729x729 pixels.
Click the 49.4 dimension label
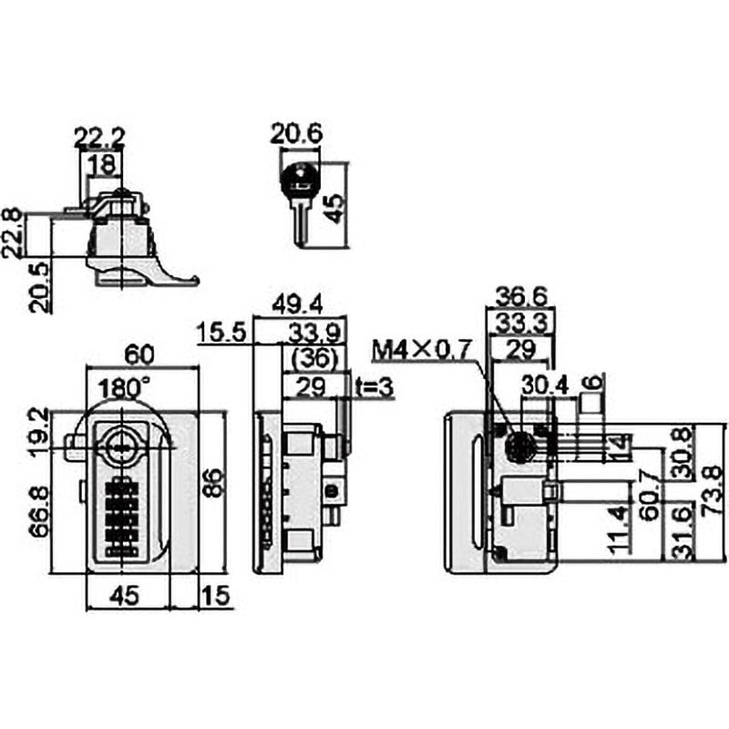pos(297,304)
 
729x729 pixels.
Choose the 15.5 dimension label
pos(221,333)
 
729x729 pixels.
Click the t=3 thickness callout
pos(375,386)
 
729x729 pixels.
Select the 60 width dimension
pos(139,355)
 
